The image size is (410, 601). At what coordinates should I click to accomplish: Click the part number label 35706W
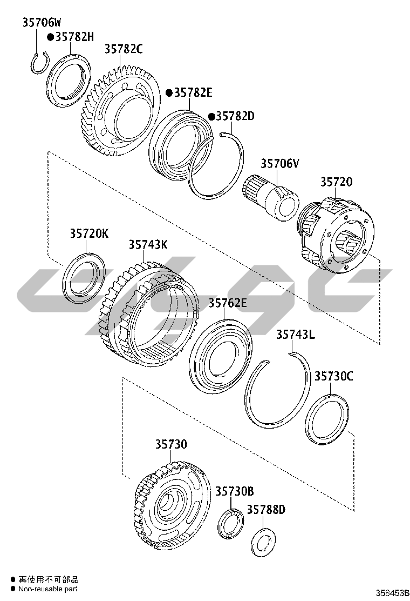(42, 23)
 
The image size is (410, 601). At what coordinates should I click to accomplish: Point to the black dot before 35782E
(169, 93)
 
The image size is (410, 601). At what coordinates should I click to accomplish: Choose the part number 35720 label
(336, 181)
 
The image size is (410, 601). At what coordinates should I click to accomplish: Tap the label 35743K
(148, 244)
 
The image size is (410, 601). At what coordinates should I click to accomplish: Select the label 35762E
(228, 303)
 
